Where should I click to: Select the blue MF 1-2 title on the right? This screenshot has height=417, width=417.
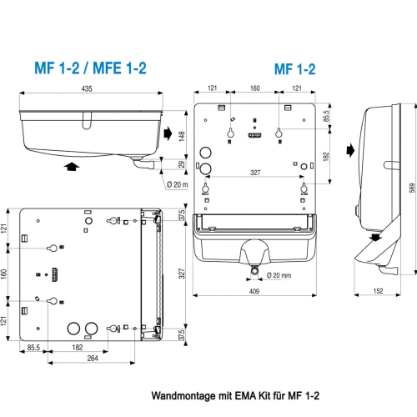(294, 69)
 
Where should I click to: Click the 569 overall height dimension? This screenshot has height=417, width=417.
(410, 188)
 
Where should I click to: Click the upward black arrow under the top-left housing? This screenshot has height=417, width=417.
(73, 167)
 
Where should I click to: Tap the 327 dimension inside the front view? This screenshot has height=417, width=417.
(254, 173)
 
